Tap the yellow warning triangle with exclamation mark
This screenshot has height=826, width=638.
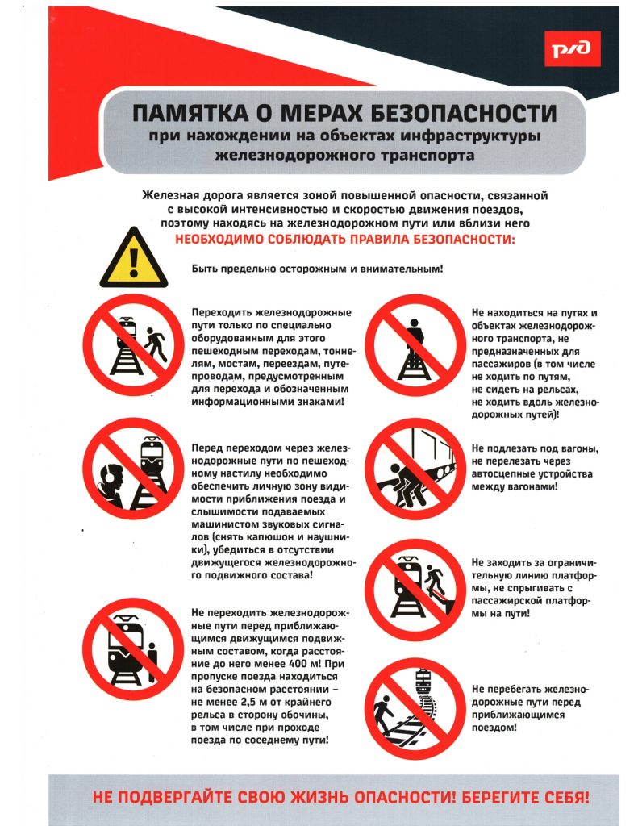133,258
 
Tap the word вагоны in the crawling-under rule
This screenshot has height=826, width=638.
558,449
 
